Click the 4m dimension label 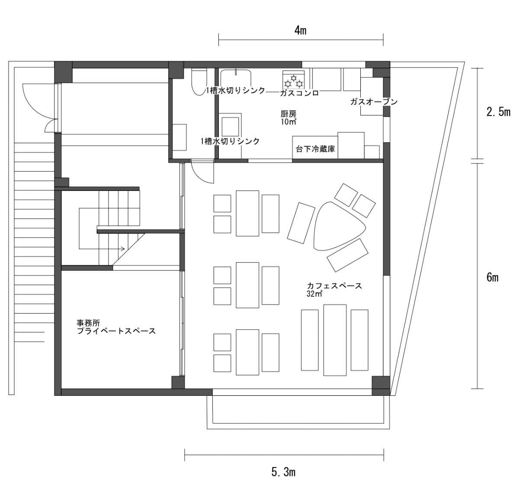(300, 31)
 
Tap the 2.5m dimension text (498, 112)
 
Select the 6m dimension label (492, 278)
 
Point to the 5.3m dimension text (283, 472)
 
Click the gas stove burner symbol (293, 80)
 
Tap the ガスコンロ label (299, 93)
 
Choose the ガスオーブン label (374, 102)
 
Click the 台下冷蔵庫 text (315, 149)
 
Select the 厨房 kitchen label (288, 114)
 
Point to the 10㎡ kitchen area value (288, 122)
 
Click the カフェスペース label (334, 286)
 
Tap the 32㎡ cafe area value (314, 294)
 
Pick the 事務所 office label (88, 323)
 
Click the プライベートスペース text (116, 331)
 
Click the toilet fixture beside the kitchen (199, 82)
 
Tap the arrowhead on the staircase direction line (123, 249)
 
